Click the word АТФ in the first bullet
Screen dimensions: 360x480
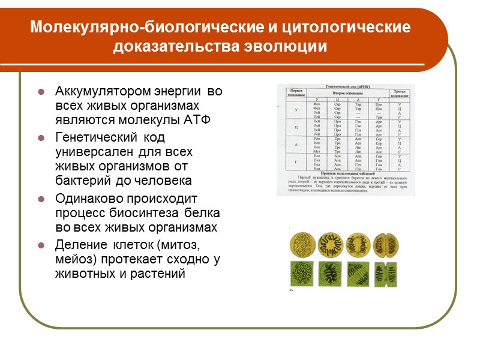click(199, 119)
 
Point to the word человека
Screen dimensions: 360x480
click(164, 181)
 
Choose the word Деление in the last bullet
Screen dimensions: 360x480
click(80, 245)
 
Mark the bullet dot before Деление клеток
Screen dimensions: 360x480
click(41, 246)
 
